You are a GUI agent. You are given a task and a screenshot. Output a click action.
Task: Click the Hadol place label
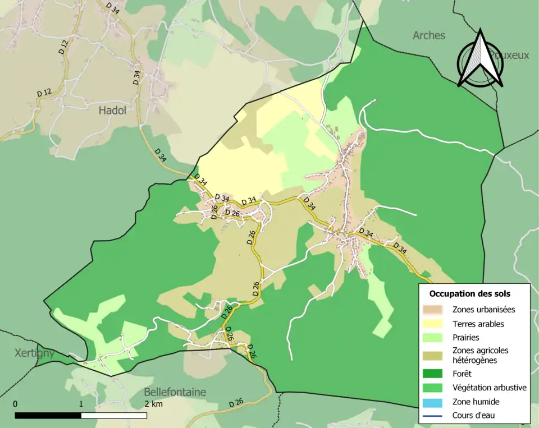[x=112, y=111]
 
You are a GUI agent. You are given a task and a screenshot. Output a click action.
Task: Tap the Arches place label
[x=429, y=35]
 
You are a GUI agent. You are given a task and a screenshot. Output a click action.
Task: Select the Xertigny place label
[x=34, y=353]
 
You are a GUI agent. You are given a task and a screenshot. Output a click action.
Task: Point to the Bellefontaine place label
[x=175, y=392]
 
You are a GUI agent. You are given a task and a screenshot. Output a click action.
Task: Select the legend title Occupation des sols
[x=469, y=293]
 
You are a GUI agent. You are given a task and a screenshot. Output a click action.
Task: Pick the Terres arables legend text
[x=478, y=324]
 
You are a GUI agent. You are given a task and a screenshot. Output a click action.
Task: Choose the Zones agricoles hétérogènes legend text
[x=480, y=355]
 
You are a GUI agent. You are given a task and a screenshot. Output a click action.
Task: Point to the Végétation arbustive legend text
[x=489, y=387]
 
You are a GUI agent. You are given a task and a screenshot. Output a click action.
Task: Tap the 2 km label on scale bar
[x=153, y=404]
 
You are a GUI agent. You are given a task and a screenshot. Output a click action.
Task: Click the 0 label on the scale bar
[x=15, y=404]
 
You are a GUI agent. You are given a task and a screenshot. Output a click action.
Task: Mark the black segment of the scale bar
[x=48, y=416]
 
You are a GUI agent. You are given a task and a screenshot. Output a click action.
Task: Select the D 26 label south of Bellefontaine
[x=236, y=403]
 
